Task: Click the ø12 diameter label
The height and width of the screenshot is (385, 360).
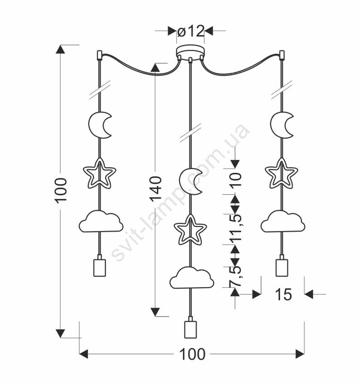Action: pos(190,31)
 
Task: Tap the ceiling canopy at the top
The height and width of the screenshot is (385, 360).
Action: pos(190,51)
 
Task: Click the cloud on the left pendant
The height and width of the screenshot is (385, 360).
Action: pos(101,221)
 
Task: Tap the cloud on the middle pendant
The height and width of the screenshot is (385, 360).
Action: pos(192,278)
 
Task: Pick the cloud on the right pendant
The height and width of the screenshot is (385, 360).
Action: pos(282,221)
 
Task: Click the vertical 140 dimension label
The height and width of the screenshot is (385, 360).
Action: pos(156,188)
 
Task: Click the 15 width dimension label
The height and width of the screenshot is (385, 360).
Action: pos(283,295)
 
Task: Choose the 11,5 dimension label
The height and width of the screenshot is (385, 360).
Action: pos(235,225)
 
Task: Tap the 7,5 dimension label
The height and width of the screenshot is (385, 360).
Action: pos(235,276)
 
